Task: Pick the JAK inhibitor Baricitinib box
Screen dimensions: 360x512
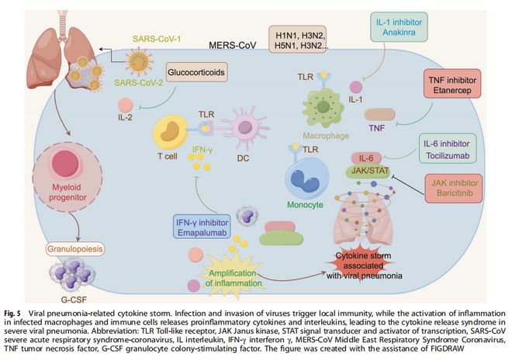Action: click(458, 189)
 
